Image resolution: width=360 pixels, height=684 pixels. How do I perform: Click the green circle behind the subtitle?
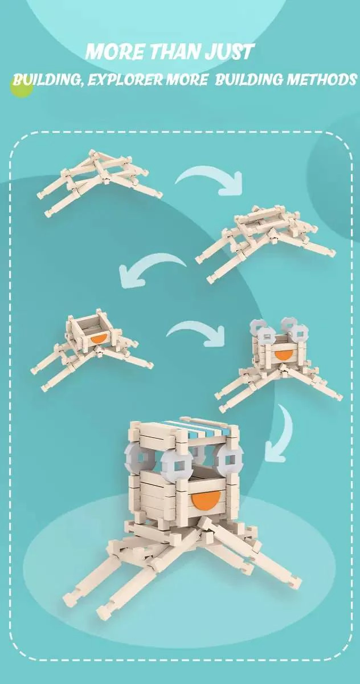tap(22, 87)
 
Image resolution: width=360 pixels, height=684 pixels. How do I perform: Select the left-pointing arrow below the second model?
tap(149, 268)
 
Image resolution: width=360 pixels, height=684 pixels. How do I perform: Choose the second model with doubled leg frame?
tap(265, 241)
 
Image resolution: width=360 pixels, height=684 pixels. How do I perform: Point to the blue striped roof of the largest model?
tap(201, 430)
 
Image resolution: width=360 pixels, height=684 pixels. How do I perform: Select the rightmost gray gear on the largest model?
tap(229, 459)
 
